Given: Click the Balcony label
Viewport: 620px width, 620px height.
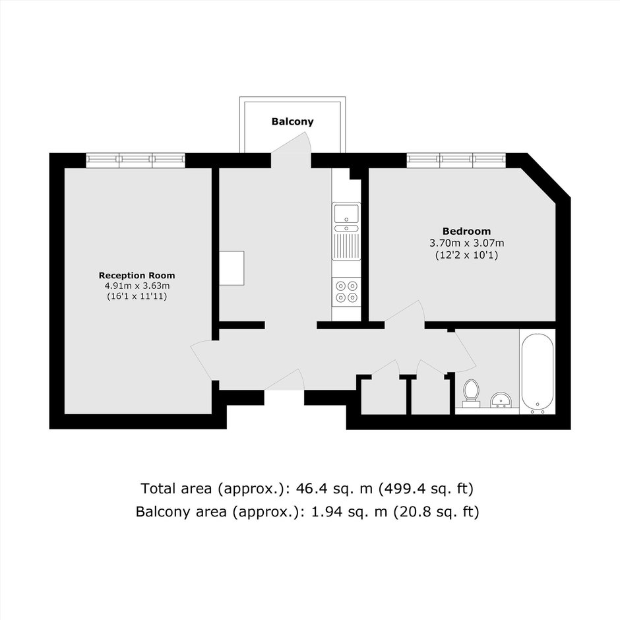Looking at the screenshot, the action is coord(292,121).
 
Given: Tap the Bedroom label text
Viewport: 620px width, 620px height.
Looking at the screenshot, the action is coord(466,231).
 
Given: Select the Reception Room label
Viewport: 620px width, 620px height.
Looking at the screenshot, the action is coord(137,275).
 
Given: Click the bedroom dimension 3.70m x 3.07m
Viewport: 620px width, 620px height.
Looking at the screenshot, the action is coord(467,243).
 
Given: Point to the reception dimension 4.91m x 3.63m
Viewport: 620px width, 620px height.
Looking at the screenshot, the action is coord(137,286).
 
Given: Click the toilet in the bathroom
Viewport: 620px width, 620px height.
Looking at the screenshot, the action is coord(470,393).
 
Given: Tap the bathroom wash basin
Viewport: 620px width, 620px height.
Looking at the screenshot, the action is coord(501,400).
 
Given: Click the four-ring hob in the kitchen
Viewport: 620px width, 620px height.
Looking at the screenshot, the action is coord(346,291).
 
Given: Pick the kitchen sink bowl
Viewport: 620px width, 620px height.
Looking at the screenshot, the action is coord(346,213).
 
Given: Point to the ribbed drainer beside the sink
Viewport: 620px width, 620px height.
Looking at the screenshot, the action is coord(346,246).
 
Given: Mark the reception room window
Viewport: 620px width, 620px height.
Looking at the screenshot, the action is coord(136,160).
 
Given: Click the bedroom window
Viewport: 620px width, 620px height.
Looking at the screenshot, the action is coord(456,160).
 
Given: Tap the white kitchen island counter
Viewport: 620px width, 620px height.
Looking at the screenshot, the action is coord(232,268).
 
